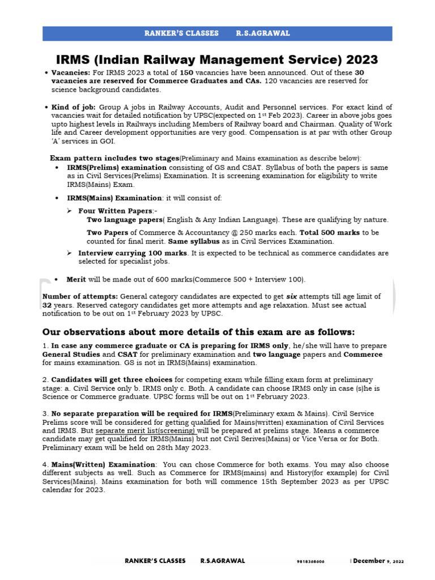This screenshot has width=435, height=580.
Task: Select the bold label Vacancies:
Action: [70, 73]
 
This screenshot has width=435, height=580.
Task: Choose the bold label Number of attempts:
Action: [80, 296]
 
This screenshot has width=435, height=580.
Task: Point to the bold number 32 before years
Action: [48, 305]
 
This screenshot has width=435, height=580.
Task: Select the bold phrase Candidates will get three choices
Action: [112, 379]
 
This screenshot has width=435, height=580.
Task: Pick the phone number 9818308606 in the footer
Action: [310, 561]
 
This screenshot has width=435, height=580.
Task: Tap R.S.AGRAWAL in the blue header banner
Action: [263, 33]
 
